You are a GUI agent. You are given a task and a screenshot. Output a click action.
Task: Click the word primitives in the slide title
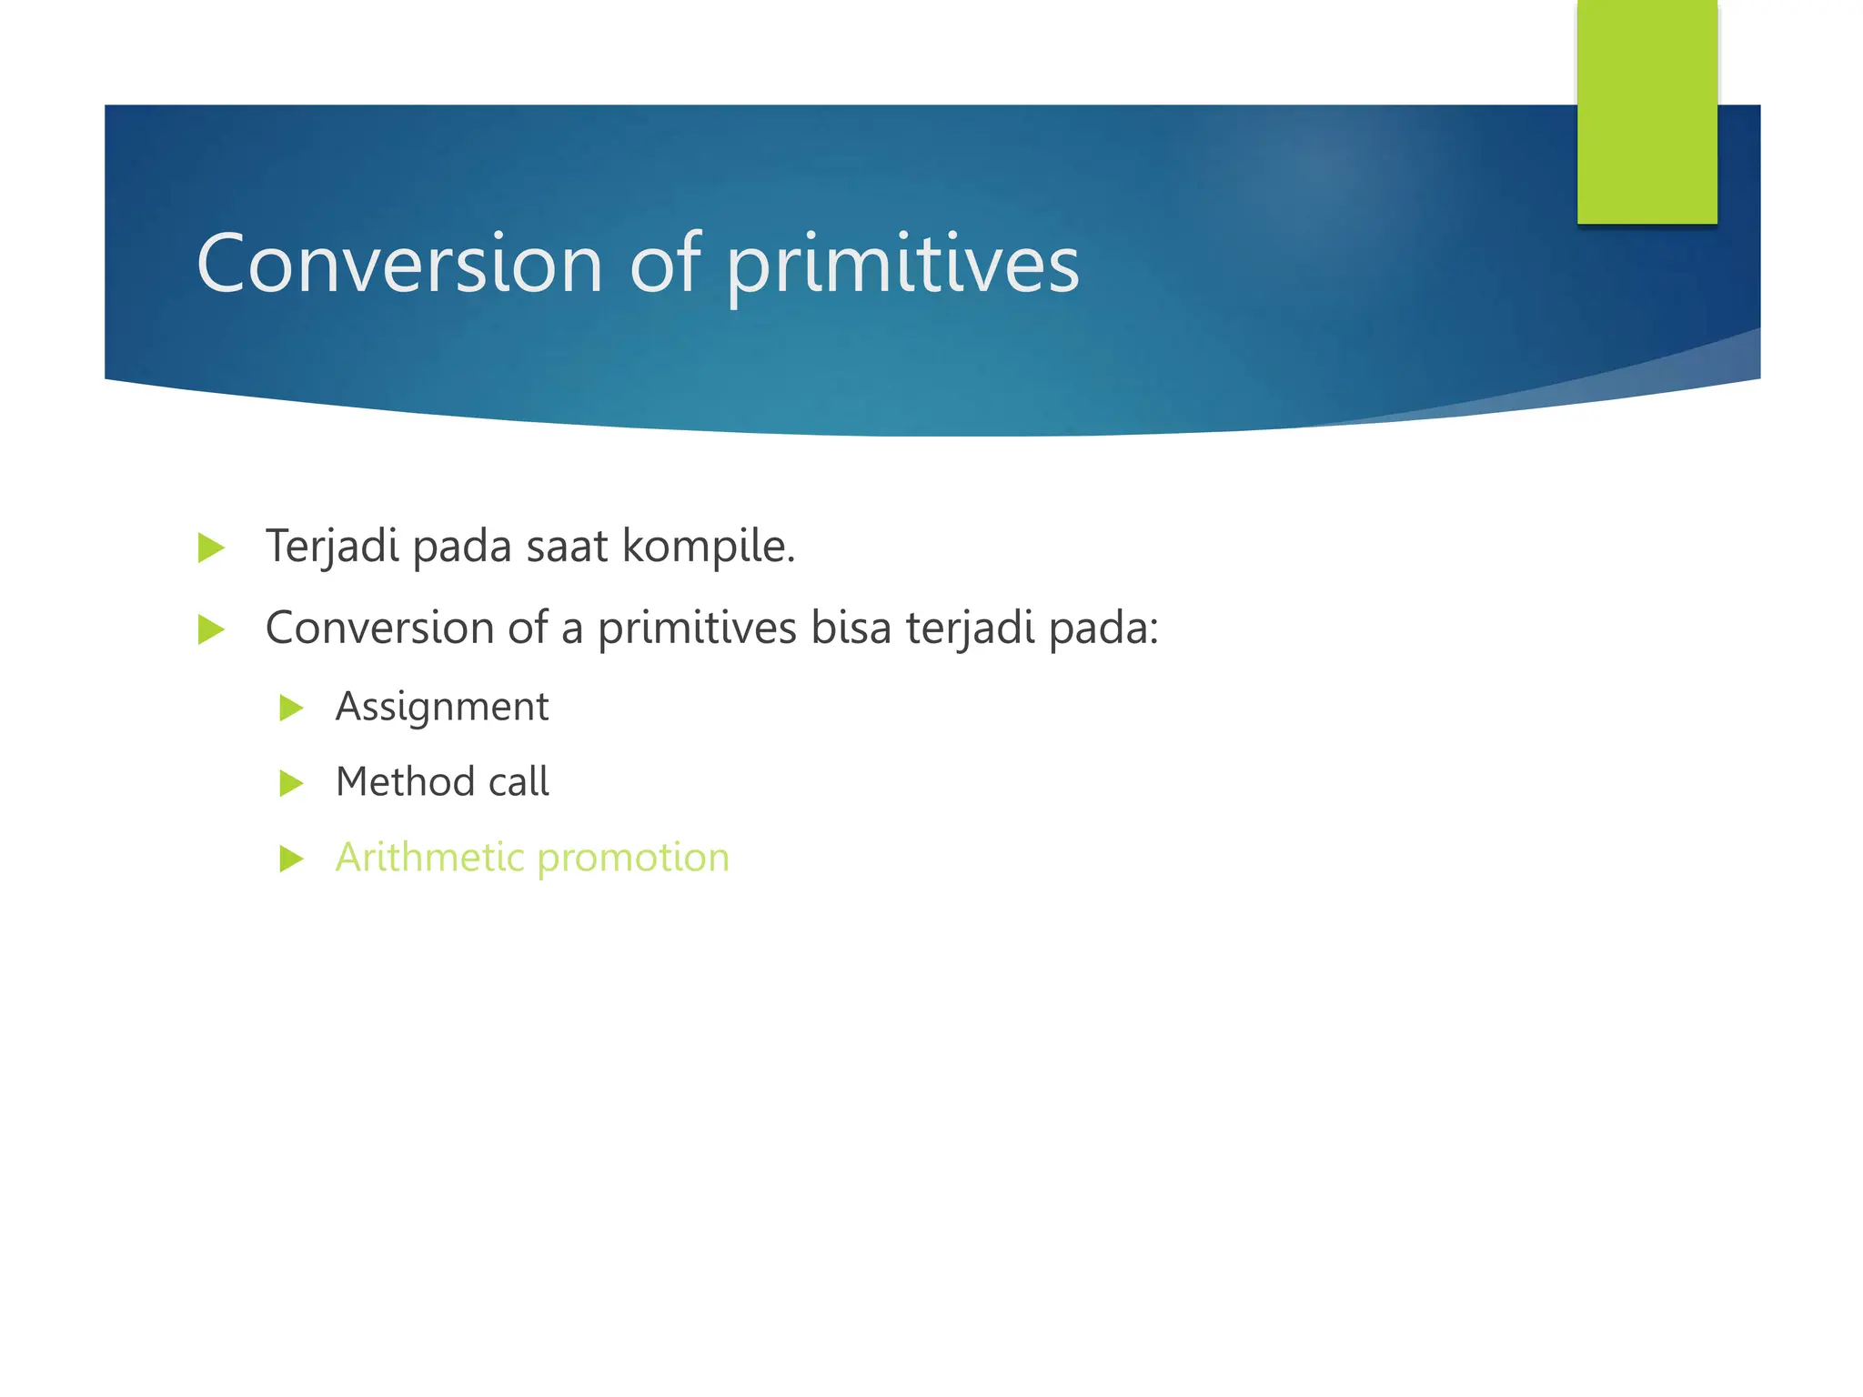tap(902, 266)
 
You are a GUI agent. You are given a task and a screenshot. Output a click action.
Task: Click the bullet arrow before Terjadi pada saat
tap(210, 548)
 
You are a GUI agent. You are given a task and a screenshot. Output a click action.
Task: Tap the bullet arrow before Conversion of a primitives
tap(210, 629)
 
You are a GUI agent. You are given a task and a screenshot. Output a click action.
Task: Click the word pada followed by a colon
tap(1103, 628)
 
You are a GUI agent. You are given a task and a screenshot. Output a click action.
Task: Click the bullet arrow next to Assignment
tap(291, 708)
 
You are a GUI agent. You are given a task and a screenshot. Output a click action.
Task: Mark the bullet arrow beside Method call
tap(291, 783)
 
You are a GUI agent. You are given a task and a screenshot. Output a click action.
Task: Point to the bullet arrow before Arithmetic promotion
tap(291, 859)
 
